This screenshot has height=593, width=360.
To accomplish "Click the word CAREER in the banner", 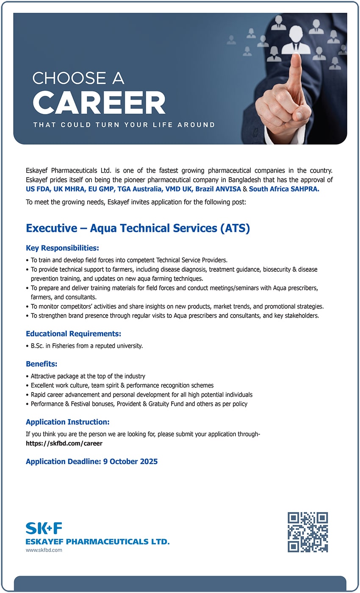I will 99,103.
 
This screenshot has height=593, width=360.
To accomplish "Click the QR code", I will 307,532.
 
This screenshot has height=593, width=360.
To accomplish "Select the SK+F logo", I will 44,528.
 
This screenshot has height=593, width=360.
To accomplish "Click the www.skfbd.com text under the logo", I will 44,550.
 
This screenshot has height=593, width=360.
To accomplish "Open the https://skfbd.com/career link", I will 64,443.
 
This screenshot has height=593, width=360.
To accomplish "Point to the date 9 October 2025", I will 130,462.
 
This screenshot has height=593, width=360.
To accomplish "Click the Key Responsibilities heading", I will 62,248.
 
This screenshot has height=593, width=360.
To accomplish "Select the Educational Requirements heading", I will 73,334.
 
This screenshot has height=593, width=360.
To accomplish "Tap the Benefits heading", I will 42,364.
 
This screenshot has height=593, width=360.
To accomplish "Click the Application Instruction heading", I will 68,422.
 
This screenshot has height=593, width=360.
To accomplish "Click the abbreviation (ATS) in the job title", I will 235,228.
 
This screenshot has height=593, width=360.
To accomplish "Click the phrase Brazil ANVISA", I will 218,189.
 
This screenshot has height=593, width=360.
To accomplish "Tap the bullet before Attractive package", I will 28,376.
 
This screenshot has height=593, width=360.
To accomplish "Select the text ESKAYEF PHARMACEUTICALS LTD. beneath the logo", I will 97,542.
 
